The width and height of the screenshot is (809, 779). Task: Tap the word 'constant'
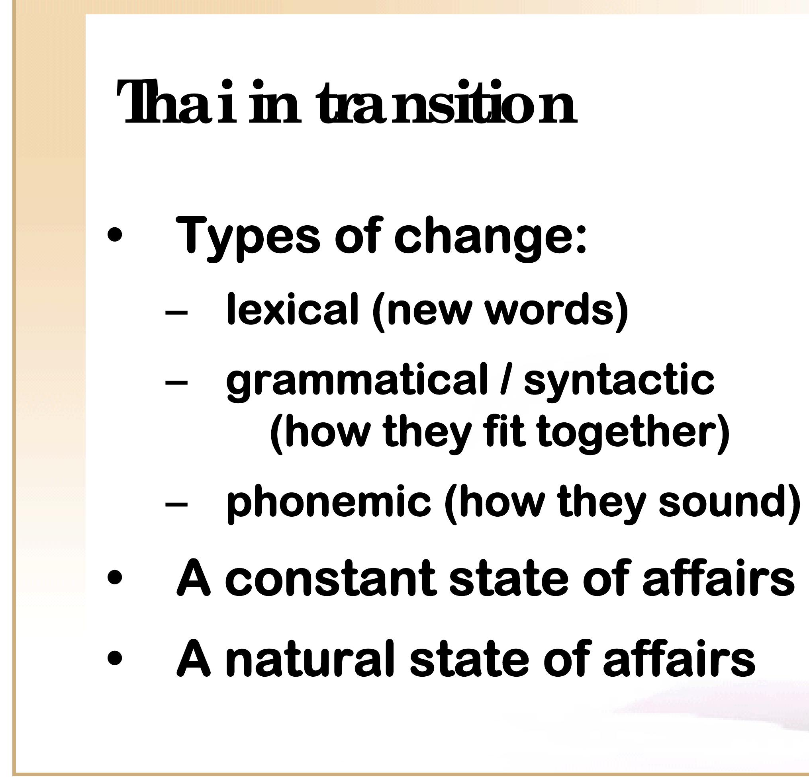click(x=331, y=577)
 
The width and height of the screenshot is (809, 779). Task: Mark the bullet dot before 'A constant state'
click(x=114, y=577)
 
